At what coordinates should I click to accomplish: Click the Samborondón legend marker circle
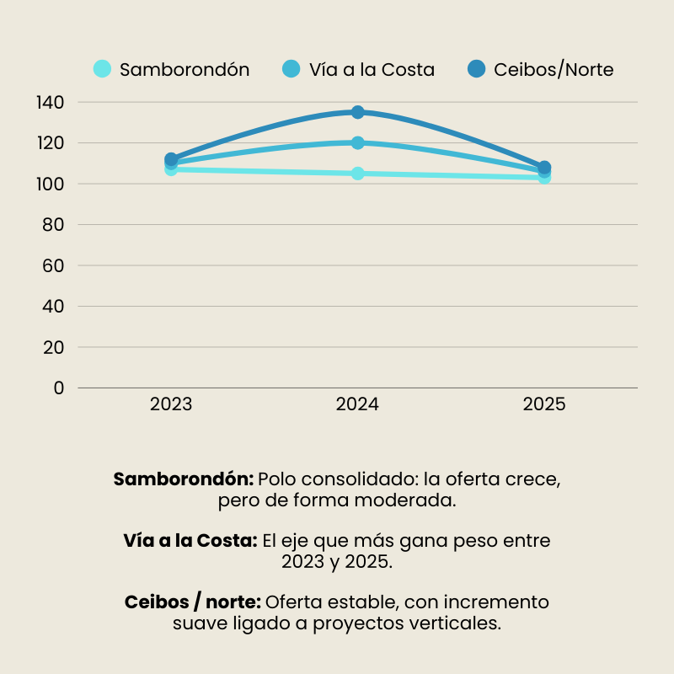pos(102,69)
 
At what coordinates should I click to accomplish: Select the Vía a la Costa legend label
pos(372,70)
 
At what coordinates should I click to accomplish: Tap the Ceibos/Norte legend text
pos(554,70)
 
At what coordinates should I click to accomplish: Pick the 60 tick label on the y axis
pos(53,265)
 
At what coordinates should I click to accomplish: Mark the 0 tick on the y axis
pos(58,388)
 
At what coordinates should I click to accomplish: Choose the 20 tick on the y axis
pos(53,347)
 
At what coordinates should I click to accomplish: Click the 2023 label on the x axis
pos(171,404)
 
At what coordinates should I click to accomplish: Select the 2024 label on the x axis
pos(357,404)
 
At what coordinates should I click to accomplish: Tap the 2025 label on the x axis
pos(544,404)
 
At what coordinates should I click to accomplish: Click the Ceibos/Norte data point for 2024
pos(358,112)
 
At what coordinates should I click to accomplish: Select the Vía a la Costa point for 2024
pos(358,142)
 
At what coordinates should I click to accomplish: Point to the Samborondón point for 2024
pos(358,174)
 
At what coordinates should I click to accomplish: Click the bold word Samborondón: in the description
pos(183,479)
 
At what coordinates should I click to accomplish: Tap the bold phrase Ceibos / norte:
pos(193,602)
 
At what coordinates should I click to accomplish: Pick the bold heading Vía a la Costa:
pos(190,541)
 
